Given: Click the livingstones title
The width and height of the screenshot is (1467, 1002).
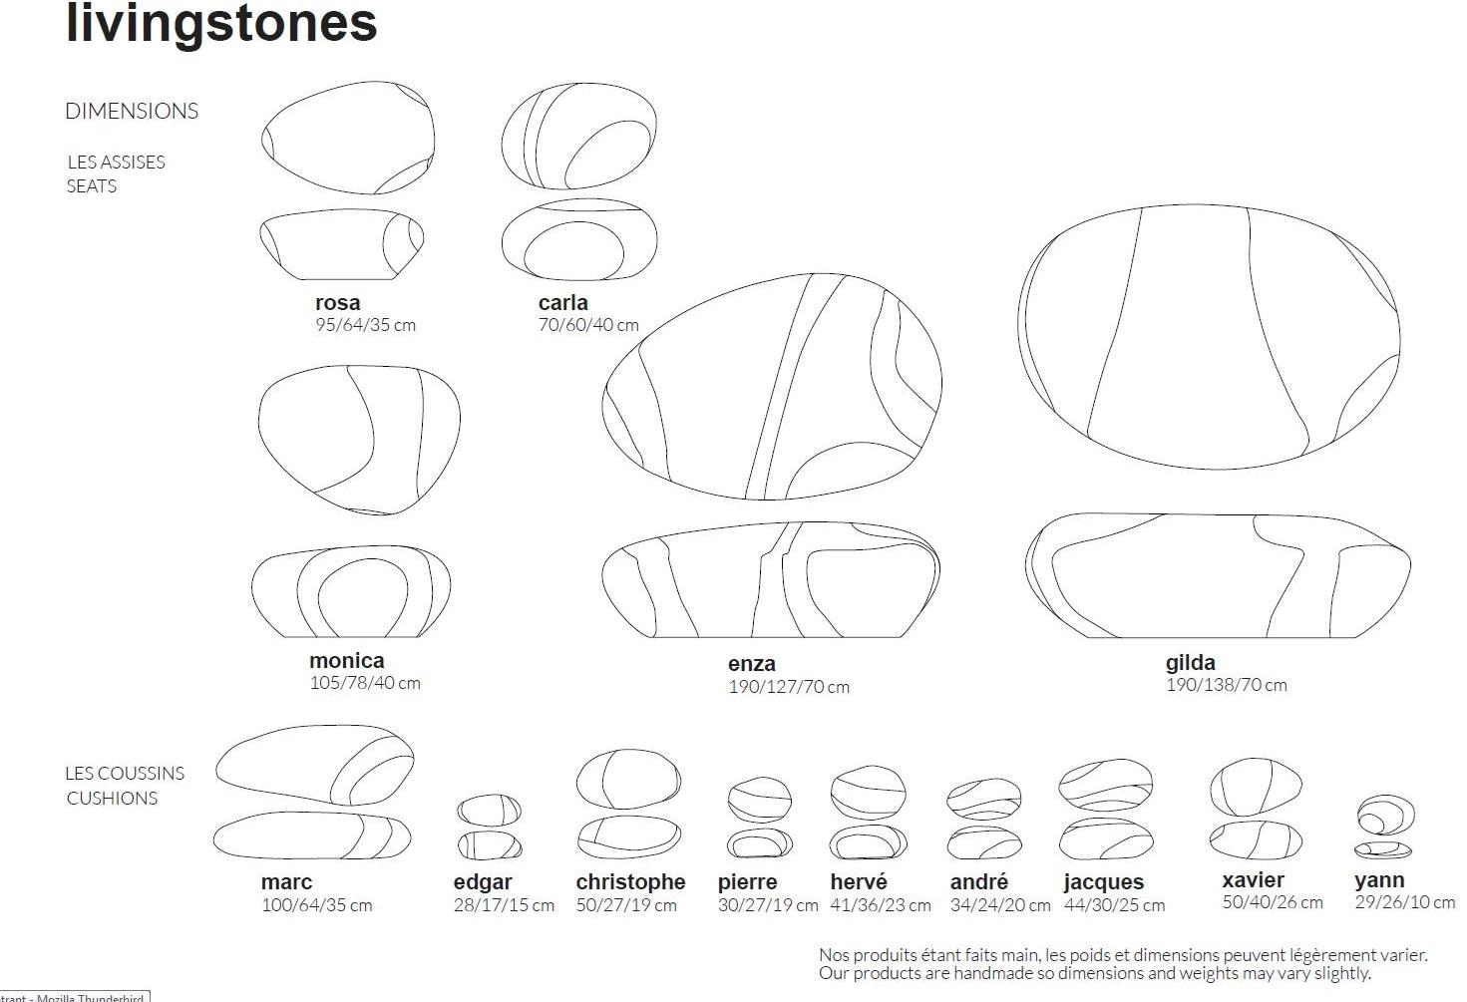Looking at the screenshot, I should [x=221, y=22].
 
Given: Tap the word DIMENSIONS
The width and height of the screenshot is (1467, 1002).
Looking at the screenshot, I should [x=132, y=111].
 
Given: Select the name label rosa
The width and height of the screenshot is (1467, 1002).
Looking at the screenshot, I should [x=338, y=302].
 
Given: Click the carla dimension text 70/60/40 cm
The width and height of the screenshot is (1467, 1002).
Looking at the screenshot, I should [x=588, y=325].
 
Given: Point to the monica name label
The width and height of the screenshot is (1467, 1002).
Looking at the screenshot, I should [x=346, y=660].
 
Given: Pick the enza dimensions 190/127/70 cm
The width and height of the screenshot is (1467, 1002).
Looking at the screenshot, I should [x=789, y=687].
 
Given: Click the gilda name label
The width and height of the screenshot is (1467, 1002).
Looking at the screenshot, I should [x=1191, y=662].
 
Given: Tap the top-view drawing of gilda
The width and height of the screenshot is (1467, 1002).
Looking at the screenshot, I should [x=1209, y=336].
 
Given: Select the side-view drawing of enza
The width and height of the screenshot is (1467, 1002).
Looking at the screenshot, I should [x=771, y=579].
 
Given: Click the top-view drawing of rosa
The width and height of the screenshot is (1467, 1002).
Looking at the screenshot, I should [x=348, y=138].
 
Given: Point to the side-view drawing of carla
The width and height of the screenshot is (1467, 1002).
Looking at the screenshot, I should [x=579, y=240].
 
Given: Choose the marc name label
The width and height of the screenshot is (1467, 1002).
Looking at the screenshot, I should [x=286, y=881].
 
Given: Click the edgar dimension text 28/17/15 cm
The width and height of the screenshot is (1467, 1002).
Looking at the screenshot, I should [x=504, y=905].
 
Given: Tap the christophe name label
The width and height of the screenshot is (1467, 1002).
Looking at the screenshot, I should [x=630, y=881].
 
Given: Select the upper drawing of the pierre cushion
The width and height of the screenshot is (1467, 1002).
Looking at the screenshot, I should [x=760, y=799].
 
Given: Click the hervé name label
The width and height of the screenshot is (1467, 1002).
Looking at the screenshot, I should [x=859, y=881].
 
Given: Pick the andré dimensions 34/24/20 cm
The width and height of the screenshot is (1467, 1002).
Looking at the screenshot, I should [x=1000, y=905].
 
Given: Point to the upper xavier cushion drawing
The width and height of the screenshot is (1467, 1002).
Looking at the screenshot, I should [x=1256, y=787].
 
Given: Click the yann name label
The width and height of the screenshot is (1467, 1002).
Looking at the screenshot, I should [x=1379, y=879].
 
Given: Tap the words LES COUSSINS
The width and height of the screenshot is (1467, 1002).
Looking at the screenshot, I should [x=125, y=773].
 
